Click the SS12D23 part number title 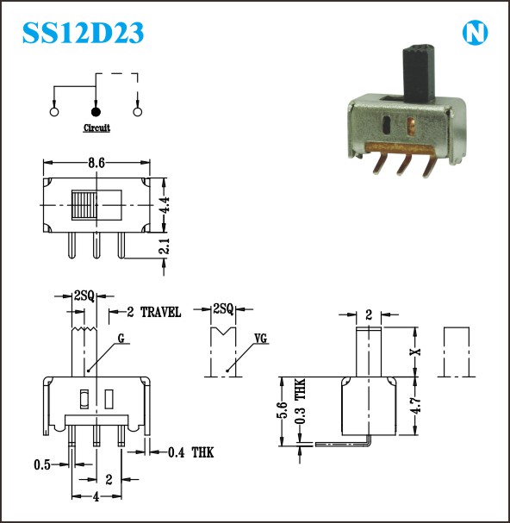83,33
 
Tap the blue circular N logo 475,33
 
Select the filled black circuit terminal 96,112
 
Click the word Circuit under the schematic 96,128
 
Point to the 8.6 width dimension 96,163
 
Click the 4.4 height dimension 164,204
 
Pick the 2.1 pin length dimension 164,246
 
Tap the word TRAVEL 161,312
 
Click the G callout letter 121,339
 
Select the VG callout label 260,339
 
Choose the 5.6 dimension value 283,410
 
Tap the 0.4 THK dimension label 190,452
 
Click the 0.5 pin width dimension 42,464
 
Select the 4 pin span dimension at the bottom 96,497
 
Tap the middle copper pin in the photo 404,164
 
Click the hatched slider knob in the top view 84,205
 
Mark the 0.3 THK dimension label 300,402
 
